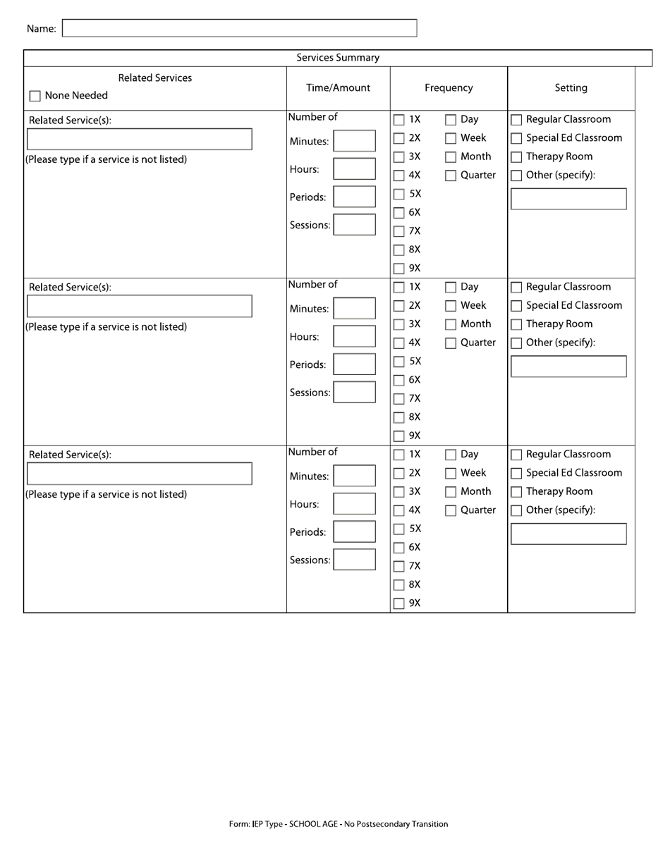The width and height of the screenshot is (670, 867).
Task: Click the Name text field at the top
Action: [240, 28]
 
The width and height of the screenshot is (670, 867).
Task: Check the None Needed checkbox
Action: [35, 97]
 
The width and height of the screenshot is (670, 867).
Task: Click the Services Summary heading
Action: [338, 58]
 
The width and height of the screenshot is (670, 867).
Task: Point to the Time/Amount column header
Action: [338, 88]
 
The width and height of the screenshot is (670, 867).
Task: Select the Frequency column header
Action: [449, 88]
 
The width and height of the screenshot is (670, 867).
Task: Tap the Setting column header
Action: [571, 88]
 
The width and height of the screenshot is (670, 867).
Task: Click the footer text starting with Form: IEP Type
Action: [338, 824]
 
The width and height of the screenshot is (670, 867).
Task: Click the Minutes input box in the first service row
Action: [354, 141]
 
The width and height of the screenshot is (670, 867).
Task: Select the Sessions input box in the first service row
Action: [354, 225]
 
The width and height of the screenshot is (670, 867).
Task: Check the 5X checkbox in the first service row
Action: [399, 195]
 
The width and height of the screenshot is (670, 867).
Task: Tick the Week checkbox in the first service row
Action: [451, 139]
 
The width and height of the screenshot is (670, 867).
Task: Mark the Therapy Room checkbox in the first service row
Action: [516, 157]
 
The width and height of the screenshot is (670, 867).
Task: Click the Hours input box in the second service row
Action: [354, 336]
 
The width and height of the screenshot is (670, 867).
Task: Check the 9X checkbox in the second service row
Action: [399, 436]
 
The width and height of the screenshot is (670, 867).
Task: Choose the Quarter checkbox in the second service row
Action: [451, 344]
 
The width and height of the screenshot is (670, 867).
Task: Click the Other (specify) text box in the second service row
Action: [568, 367]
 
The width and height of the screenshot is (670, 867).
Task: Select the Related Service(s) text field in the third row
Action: [139, 474]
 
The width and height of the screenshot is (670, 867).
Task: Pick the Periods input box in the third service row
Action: [354, 531]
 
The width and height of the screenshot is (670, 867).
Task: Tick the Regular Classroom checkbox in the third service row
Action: [516, 455]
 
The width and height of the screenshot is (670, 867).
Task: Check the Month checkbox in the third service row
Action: [451, 493]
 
